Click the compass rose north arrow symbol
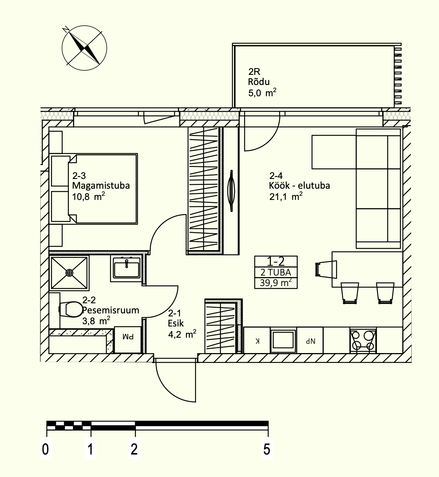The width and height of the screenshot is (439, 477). point(84,48)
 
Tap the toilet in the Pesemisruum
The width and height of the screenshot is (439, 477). point(70,309)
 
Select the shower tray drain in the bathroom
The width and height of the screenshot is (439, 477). point(69,273)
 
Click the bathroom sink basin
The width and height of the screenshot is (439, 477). point(126,270)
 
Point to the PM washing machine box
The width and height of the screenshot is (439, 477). point(128,340)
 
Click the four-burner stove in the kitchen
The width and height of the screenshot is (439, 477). point(363,340)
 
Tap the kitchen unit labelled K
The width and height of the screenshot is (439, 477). point(257,340)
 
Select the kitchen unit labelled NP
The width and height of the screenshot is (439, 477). point(310,340)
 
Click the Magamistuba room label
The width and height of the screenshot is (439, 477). point(101,185)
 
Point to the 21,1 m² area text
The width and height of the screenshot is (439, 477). point(286,197)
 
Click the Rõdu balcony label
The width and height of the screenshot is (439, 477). point(258,82)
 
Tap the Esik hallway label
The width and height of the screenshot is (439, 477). point(176,323)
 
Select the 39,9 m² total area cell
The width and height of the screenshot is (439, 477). point(276,283)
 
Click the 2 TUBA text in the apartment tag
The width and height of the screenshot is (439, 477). point(276,272)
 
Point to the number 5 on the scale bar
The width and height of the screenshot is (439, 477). point(267,449)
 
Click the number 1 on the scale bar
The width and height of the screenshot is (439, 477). point(90,449)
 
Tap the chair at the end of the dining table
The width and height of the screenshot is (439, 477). point(326,269)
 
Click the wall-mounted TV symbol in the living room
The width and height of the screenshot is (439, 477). point(231,191)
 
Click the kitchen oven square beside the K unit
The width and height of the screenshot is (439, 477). point(283,340)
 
